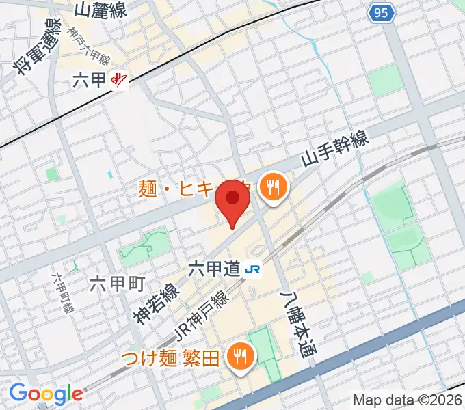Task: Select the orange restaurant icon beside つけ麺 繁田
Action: coord(241,357)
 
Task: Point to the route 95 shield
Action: coord(382,12)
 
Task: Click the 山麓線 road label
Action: coord(101,10)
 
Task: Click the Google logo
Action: coord(46,394)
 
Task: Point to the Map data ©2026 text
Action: coord(407,400)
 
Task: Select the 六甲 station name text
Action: coord(89,81)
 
